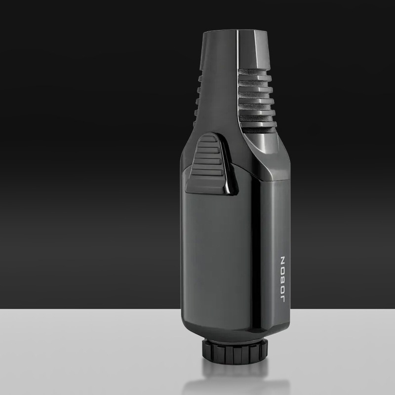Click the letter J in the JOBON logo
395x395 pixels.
[x=282, y=299]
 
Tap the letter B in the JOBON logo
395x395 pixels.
[x=282, y=279]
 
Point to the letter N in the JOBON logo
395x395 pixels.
[x=282, y=260]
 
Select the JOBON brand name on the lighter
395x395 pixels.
[x=282, y=279]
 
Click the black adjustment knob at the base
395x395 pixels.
[x=235, y=352]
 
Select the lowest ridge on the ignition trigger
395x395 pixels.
[x=207, y=172]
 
